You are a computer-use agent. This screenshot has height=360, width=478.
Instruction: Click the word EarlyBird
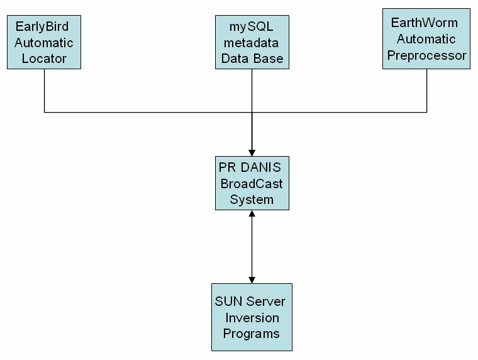[x=43, y=27]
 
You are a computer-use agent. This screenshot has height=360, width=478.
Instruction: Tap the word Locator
[x=43, y=59]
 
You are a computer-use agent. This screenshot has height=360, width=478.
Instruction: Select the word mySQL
[x=252, y=27]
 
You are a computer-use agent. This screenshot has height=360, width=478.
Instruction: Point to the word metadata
[x=252, y=43]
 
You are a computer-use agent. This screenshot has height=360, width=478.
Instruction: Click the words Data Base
[x=252, y=59]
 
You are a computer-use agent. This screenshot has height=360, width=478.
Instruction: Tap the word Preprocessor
[x=426, y=55]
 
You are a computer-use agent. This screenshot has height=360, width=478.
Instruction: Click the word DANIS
[x=260, y=167]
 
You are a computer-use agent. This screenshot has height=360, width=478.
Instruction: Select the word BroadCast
[x=252, y=183]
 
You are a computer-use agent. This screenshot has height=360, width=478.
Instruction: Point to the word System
[x=252, y=200]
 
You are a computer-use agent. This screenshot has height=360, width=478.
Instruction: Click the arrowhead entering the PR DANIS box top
[x=252, y=152]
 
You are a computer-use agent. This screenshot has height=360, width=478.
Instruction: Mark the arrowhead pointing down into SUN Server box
[x=252, y=279]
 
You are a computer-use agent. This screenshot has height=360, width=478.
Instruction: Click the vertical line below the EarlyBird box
[x=44, y=91]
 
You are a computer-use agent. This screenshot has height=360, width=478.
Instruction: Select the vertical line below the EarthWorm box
[x=426, y=91]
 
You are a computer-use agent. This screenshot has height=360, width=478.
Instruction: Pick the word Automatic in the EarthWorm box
[x=426, y=39]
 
